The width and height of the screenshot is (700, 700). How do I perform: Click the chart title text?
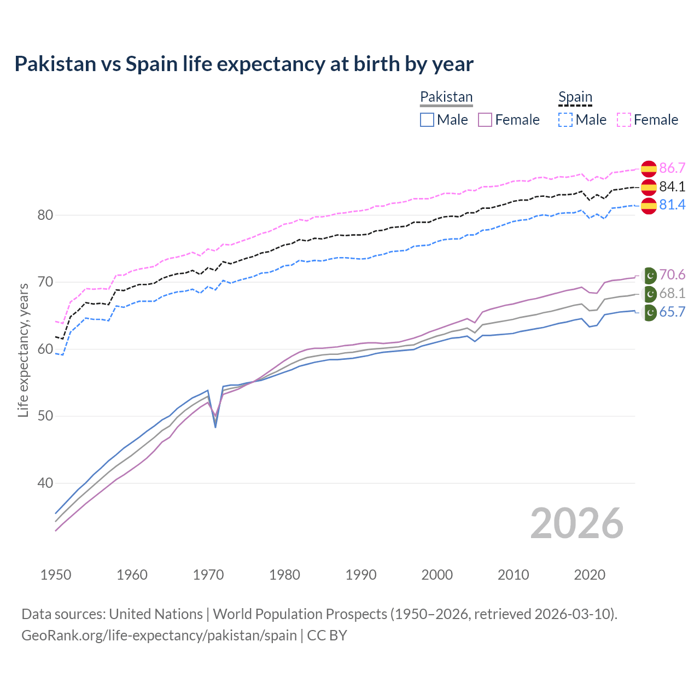244,64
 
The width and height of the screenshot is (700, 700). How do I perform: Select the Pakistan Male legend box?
427,120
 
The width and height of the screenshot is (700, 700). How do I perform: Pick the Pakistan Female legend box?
485,120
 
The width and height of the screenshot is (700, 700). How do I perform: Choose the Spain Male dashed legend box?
565,120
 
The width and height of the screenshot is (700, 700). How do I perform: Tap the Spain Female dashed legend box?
624,120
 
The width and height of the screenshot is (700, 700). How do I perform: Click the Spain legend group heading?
575,97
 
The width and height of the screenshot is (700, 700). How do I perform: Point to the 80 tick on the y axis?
45,215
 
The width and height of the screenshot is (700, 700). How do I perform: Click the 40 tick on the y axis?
45,483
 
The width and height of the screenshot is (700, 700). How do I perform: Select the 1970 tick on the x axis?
208,575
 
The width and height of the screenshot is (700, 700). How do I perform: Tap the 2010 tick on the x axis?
513,575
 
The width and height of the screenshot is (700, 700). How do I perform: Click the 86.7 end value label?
672,168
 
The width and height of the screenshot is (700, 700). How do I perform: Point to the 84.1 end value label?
672,186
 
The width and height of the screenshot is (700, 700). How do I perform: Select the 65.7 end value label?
672,312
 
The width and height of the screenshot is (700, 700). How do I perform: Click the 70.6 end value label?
672,275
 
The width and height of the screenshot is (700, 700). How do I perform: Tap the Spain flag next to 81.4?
649,206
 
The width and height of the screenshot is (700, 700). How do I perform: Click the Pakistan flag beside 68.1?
649,294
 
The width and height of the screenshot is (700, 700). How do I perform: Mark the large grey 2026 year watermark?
576,523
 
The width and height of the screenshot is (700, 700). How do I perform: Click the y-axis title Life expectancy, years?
23,350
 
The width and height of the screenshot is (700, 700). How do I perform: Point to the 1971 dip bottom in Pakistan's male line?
215,427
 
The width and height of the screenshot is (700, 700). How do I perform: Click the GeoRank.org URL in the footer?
159,635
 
